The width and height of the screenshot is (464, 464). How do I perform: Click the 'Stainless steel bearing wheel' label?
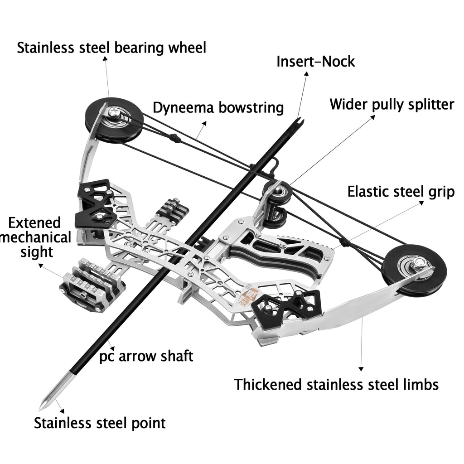click(x=111, y=48)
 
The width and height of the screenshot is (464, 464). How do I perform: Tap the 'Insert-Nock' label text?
click(x=316, y=62)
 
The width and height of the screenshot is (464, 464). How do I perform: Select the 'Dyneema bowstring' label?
click(x=218, y=108)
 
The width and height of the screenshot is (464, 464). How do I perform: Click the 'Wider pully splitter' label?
click(x=391, y=105)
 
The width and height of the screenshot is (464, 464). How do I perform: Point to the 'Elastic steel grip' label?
click(x=401, y=192)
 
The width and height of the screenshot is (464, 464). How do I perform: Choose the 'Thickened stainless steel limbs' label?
click(x=336, y=385)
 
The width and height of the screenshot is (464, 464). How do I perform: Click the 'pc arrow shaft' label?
click(x=146, y=356)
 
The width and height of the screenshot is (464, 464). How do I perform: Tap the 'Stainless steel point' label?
click(x=100, y=423)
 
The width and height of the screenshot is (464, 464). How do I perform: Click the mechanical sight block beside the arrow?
click(x=93, y=285)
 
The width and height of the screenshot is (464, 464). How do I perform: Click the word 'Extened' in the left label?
click(x=34, y=222)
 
